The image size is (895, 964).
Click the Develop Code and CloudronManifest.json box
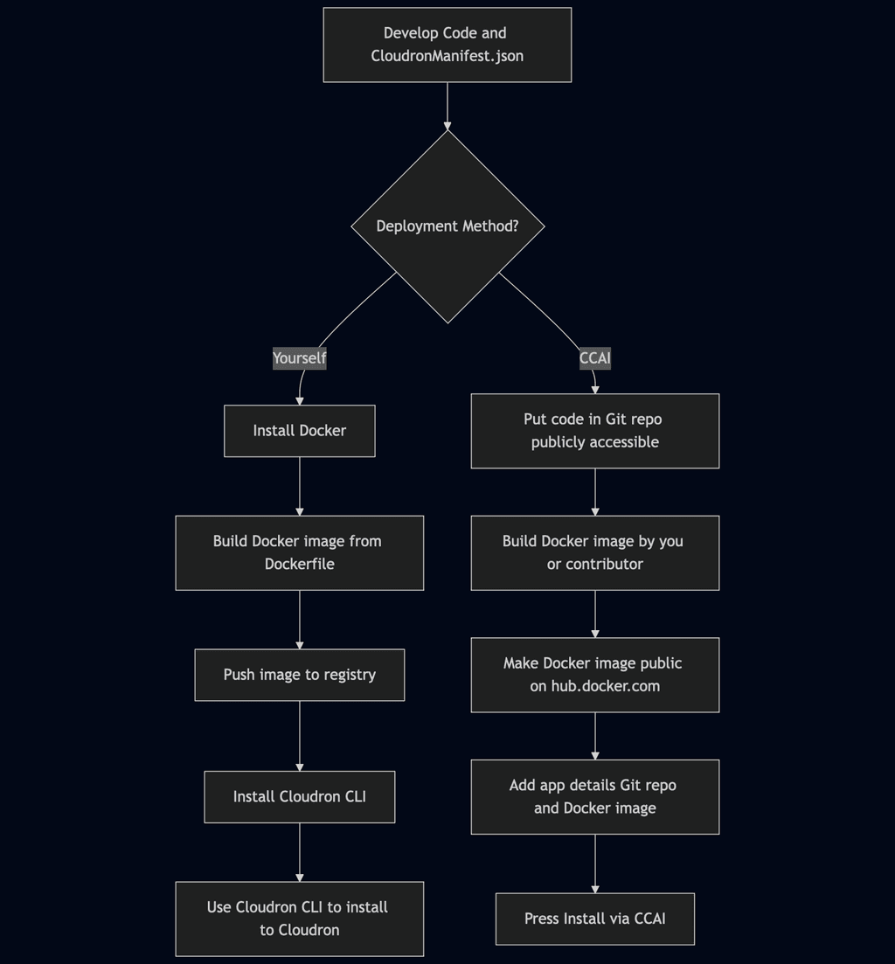coord(447,45)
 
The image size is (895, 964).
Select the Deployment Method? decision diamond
coord(447,226)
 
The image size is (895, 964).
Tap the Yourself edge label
coord(299,358)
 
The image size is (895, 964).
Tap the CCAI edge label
coord(594,358)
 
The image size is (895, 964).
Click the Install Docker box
coord(299,431)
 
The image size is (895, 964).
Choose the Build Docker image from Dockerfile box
coord(299,552)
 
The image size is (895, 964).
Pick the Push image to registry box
coord(299,675)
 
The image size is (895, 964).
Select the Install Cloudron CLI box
coord(299,797)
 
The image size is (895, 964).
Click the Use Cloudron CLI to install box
coord(299,919)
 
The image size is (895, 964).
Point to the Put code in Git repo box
coord(594,431)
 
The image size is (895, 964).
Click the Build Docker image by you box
coord(594,552)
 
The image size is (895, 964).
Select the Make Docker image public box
coord(594,675)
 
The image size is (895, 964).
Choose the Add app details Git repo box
coord(594,797)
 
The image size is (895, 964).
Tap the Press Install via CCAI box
coord(594,919)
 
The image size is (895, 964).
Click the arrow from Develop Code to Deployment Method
coord(447,107)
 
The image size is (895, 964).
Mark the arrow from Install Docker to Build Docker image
coord(299,486)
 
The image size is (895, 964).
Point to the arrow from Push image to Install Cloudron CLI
coord(299,736)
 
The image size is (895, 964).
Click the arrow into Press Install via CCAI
coord(594,863)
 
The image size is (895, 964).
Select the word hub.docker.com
coord(605,687)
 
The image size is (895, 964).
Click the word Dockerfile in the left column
coord(299,565)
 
